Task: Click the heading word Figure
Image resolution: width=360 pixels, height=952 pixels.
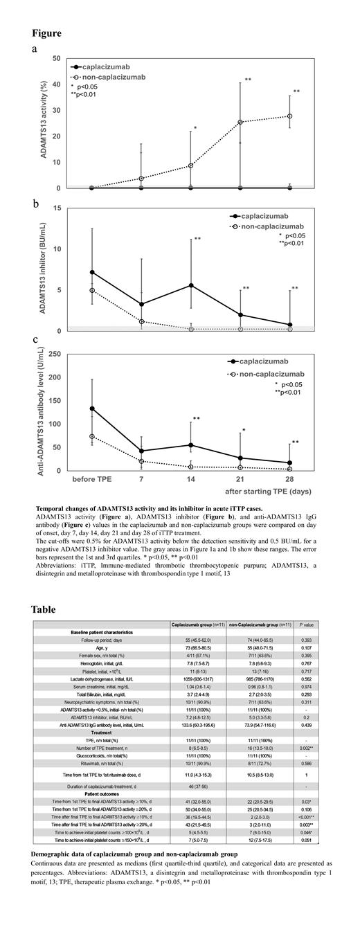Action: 46,33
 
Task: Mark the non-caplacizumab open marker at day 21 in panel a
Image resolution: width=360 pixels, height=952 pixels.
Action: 240,123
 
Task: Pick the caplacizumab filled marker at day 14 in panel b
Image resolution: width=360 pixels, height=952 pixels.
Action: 191,285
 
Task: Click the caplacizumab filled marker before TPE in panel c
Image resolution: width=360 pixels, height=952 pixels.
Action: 92,408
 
